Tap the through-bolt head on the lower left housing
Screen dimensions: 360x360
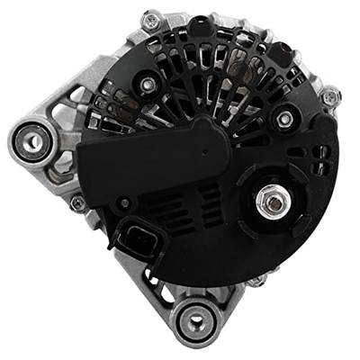coord(79,204)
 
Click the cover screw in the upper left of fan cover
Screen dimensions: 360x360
coord(144,85)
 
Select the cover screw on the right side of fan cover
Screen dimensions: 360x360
coord(285,119)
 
